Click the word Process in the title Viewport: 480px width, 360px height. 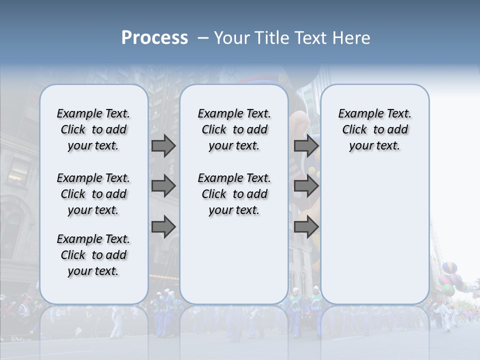pyautogui.click(x=154, y=38)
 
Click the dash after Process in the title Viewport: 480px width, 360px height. pyautogui.click(x=202, y=38)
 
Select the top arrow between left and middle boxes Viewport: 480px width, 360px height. pyautogui.click(x=163, y=145)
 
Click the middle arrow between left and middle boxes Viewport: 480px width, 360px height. pyautogui.click(x=163, y=186)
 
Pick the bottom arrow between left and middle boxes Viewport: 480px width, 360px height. pyautogui.click(x=163, y=227)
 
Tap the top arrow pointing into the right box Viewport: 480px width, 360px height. pyautogui.click(x=306, y=145)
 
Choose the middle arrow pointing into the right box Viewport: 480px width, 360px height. pyautogui.click(x=306, y=186)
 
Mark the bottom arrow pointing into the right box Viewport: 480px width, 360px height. pyautogui.click(x=306, y=227)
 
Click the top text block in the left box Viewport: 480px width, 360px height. pyautogui.click(x=93, y=129)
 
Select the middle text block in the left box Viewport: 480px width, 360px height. pyautogui.click(x=93, y=194)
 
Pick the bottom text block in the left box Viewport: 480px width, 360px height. pyautogui.click(x=93, y=255)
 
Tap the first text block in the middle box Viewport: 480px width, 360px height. pyautogui.click(x=234, y=129)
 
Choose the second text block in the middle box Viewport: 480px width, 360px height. pyautogui.click(x=234, y=194)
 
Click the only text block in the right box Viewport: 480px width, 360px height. pyautogui.click(x=374, y=129)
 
